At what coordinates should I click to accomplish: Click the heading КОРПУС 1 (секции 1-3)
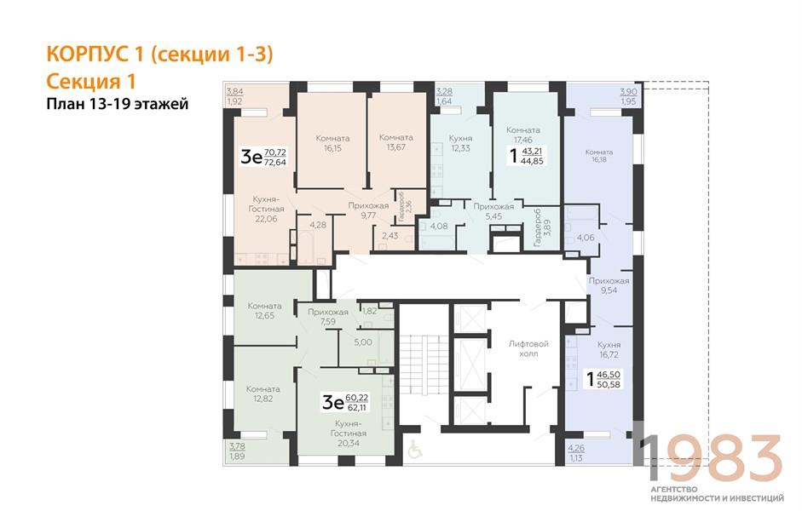[x=159, y=55]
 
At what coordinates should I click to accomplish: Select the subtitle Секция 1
[x=91, y=81]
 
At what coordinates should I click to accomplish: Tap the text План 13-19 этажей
[x=118, y=104]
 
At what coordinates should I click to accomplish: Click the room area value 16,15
[x=332, y=148]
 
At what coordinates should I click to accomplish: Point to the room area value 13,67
[x=395, y=147]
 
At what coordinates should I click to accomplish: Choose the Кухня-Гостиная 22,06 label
[x=266, y=209]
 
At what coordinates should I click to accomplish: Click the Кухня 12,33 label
[x=460, y=143]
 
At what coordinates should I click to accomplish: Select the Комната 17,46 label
[x=522, y=135]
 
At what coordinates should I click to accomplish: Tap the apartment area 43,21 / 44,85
[x=532, y=156]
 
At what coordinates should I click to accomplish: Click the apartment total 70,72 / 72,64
[x=275, y=158]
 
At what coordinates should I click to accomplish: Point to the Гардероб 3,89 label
[x=542, y=227]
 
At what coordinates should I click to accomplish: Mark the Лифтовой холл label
[x=528, y=348]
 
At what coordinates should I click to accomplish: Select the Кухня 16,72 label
[x=609, y=349]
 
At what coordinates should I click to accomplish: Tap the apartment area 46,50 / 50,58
[x=609, y=379]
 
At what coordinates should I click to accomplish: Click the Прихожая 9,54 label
[x=609, y=285]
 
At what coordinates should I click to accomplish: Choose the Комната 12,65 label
[x=264, y=311]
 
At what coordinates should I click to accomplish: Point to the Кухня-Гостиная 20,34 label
[x=349, y=433]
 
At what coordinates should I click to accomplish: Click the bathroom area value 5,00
[x=363, y=342]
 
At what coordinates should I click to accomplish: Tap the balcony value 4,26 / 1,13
[x=576, y=453]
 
